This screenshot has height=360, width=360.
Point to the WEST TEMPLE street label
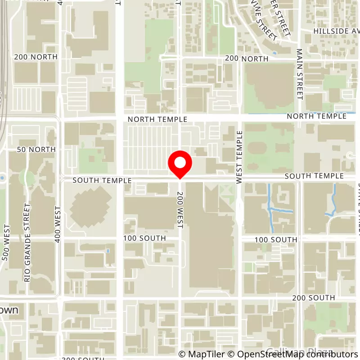(239, 157)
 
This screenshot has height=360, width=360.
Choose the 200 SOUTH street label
(313, 298)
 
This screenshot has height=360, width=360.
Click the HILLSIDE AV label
(337, 31)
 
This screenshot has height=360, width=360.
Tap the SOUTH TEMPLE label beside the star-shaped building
(102, 180)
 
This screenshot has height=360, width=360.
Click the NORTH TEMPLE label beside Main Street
(317, 116)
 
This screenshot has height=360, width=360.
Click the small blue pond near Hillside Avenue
(274, 53)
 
